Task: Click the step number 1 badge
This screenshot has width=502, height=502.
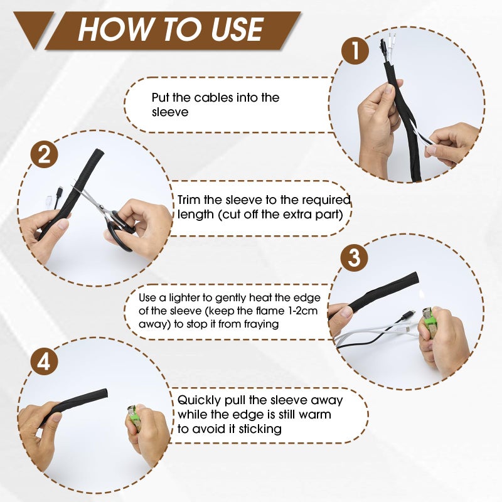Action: tap(355, 50)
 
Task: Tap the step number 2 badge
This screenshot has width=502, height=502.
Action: tap(44, 154)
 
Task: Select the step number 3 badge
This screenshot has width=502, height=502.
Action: tap(355, 257)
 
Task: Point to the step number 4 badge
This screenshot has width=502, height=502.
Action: tap(44, 362)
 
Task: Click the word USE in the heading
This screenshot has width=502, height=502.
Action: tap(238, 29)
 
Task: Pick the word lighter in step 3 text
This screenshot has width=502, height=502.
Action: tap(186, 298)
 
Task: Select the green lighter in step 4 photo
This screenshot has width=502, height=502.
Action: tap(134, 417)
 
